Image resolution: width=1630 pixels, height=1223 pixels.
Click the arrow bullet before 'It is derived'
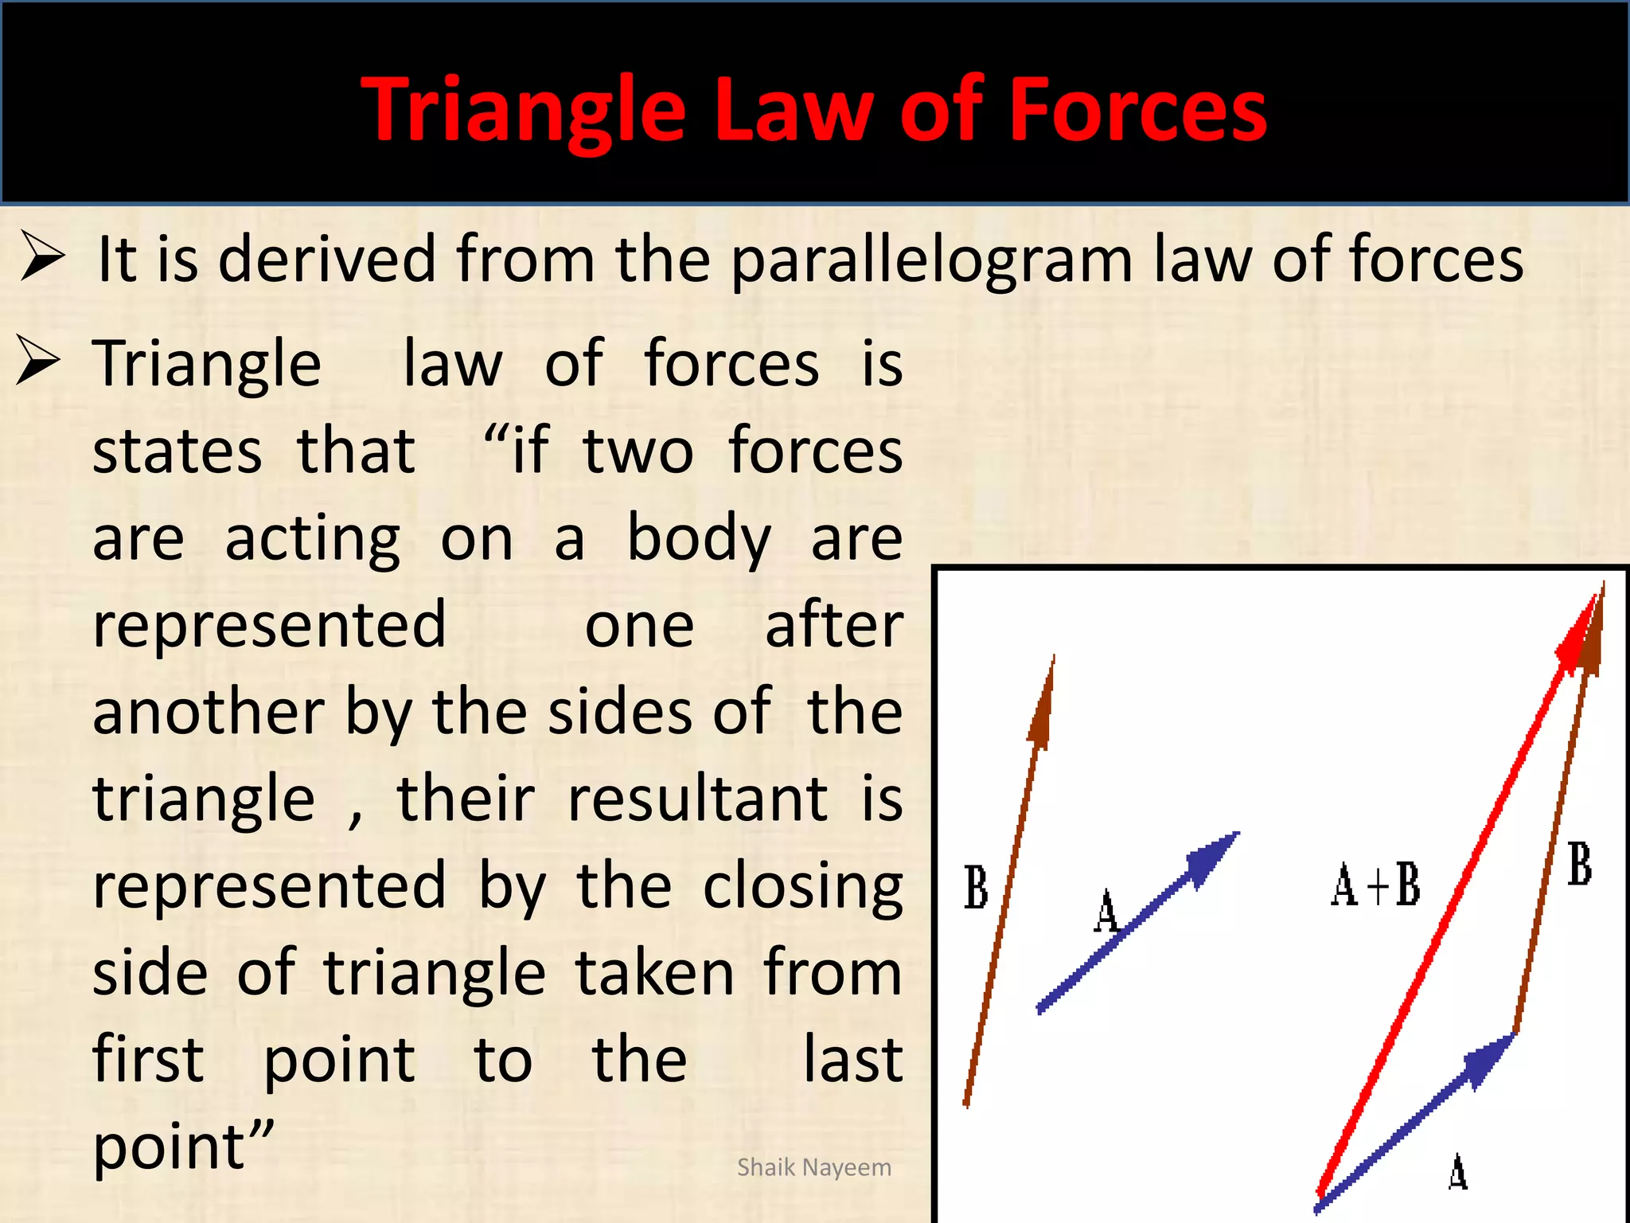(x=41, y=256)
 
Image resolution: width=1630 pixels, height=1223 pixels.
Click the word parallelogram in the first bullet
(x=931, y=261)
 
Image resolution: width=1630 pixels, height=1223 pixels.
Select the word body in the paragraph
(x=699, y=539)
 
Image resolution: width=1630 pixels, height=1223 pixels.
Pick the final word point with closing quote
(x=183, y=1149)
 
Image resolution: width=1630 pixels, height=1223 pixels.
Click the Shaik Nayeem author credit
(x=813, y=1167)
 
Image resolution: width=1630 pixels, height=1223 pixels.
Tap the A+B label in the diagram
(x=1375, y=885)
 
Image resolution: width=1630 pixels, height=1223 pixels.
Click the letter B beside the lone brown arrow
(x=976, y=887)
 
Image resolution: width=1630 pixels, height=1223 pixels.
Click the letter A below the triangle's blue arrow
(x=1457, y=1172)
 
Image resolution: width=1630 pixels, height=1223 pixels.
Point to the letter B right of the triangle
(x=1580, y=865)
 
